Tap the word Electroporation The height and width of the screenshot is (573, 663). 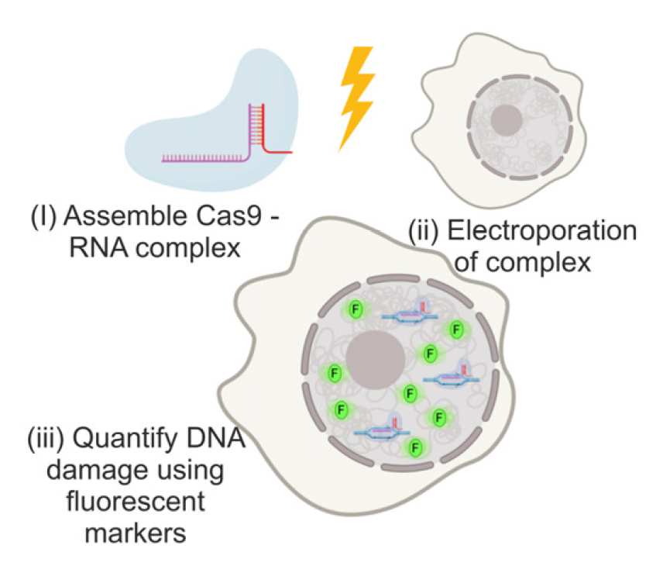point(551,232)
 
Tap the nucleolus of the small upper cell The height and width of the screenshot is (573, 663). point(508,119)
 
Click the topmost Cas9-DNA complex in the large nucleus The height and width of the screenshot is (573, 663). point(408,315)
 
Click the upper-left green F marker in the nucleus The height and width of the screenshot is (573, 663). point(356,309)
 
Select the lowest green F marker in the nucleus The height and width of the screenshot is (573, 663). point(415,447)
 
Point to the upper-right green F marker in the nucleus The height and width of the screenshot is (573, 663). point(455,330)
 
